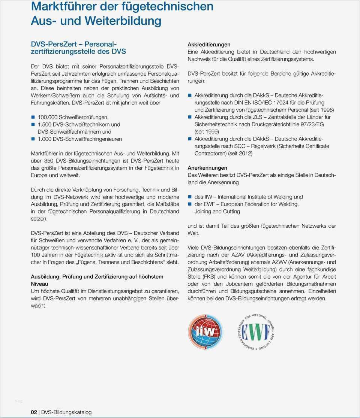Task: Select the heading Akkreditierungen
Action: click(209, 45)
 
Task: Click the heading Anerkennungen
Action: click(207, 168)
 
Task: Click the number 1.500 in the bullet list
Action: click(45, 124)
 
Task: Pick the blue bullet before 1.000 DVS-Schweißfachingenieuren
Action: click(33, 139)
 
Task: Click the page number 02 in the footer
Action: click(34, 412)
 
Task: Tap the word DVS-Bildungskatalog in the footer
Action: click(66, 412)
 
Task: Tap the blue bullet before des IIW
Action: click(190, 197)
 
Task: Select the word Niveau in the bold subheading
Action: click(39, 284)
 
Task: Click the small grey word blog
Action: click(18, 401)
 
